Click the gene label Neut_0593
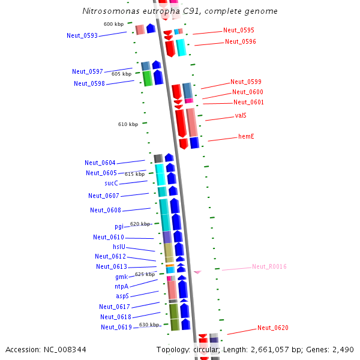point(82,35)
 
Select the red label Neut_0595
point(238,30)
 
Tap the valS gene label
point(241,115)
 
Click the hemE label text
point(246,137)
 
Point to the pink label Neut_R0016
point(269,266)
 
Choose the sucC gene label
point(111,184)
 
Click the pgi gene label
point(119,227)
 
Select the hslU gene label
point(119,247)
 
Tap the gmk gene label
point(121,277)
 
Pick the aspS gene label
point(122,296)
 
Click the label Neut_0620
point(273,328)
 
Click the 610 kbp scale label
point(128,124)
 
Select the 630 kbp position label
point(149,325)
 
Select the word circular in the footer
point(206,349)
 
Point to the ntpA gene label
point(121,287)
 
